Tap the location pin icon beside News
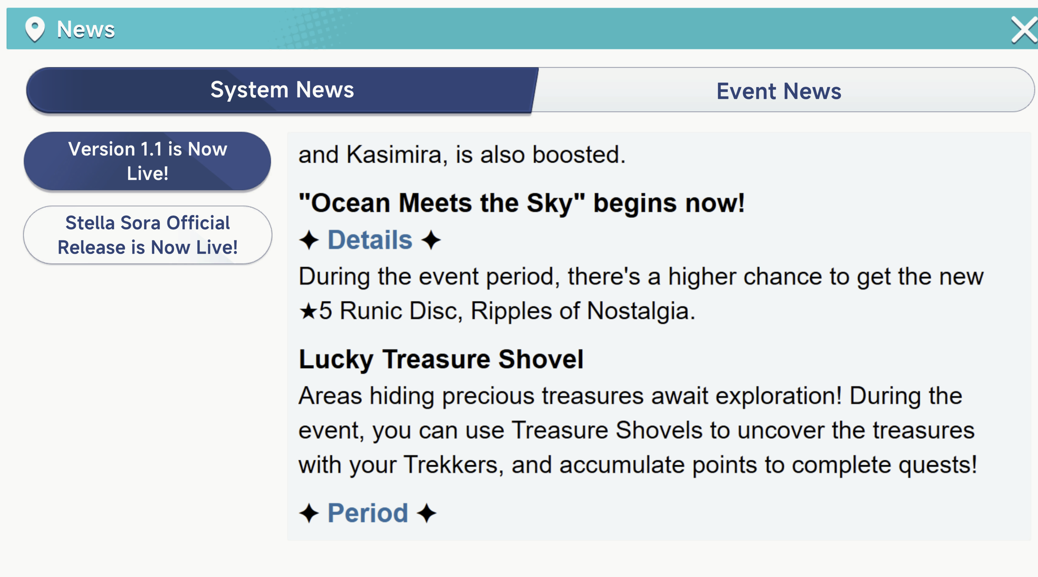tap(35, 29)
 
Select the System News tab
tap(282, 90)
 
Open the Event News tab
tap(779, 91)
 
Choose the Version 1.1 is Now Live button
tap(147, 161)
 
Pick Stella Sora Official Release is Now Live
tap(147, 235)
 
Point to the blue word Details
tap(370, 240)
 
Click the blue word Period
tap(367, 513)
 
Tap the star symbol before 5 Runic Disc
tap(308, 311)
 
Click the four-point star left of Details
tap(309, 240)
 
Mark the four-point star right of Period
tap(427, 513)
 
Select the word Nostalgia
tap(641, 311)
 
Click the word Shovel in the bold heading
tap(541, 359)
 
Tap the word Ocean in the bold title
tap(351, 203)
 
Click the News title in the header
tap(86, 29)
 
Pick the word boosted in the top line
tap(579, 155)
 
